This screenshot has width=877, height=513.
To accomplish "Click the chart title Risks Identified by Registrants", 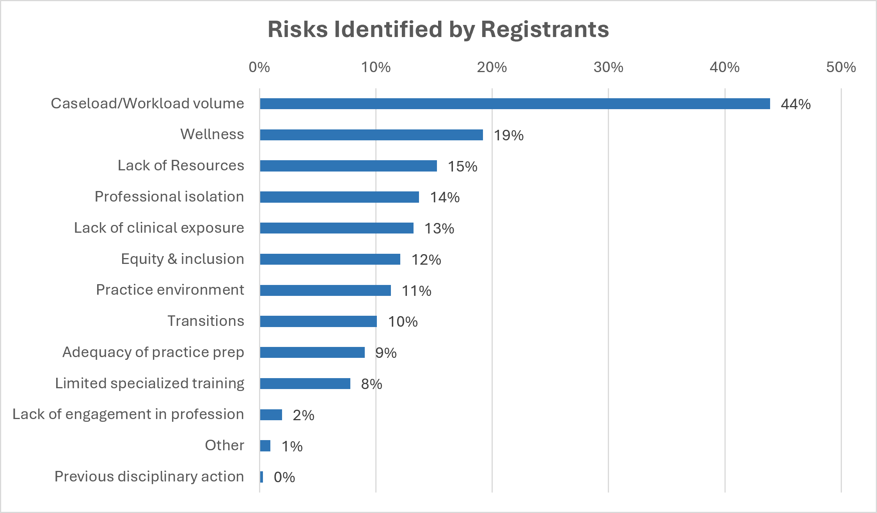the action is pos(438,29).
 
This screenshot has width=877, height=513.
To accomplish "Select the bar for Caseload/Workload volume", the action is pos(515,104).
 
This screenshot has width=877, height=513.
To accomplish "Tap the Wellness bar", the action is pos(371,135).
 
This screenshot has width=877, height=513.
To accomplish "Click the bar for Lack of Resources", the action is pos(348,166).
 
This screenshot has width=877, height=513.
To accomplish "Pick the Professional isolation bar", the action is pos(339,197).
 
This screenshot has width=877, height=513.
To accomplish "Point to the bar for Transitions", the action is pos(318,322).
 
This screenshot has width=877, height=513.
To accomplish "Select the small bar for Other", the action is pos(265,446).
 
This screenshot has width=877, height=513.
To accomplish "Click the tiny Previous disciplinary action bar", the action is pos(261,477).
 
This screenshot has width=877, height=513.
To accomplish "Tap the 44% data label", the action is pos(796,104).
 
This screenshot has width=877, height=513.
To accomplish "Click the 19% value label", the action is pos(509,135).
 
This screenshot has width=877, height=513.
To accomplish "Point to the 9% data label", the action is pos(386,353).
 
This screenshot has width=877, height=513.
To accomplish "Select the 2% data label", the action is pos(304,415).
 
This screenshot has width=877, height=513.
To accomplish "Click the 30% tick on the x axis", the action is pos(608,67).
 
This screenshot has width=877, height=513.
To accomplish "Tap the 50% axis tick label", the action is pos(841,67).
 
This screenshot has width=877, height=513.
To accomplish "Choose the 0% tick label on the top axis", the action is pos(259,67).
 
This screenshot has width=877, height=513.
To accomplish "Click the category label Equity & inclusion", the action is pos(183,259).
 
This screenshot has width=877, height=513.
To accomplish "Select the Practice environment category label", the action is pos(170,290).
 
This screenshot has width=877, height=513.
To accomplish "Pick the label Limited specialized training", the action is pos(150,384).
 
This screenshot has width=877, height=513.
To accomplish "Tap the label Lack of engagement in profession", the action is pos(128,415).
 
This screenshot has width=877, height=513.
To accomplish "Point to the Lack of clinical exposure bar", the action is pos(337,228).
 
